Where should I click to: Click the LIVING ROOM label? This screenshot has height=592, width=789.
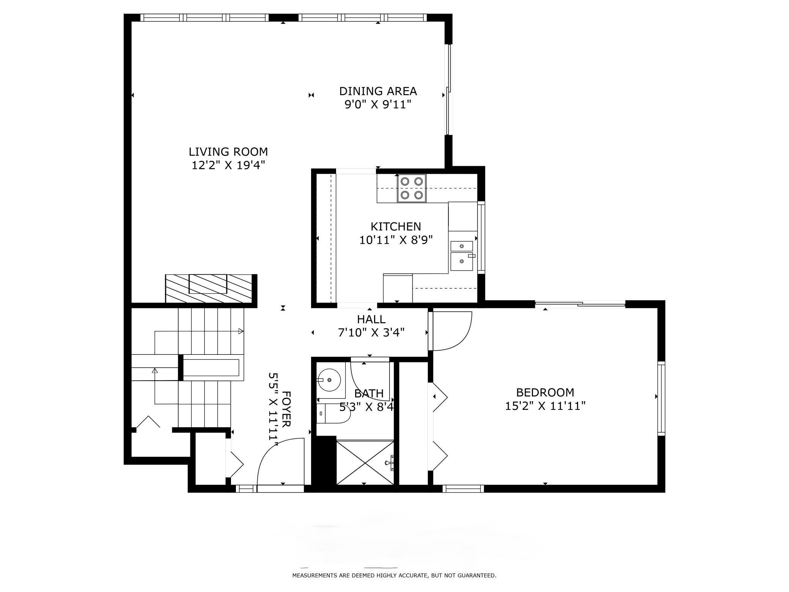tap(228, 152)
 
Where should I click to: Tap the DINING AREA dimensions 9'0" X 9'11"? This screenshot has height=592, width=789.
tap(378, 104)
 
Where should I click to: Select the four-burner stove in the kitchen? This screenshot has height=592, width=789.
tap(412, 188)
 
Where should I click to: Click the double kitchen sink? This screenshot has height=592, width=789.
tap(462, 255)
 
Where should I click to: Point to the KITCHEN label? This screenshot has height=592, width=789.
tap(396, 227)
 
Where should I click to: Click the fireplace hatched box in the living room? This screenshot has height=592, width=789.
tap(208, 288)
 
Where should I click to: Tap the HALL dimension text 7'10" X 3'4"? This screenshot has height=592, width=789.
tap(371, 333)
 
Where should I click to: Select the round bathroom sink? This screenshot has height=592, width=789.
tap(329, 379)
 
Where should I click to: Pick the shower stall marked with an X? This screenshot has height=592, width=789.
tap(365, 462)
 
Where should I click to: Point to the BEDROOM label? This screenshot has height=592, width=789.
tap(545, 392)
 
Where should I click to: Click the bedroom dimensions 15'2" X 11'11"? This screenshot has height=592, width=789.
tap(545, 406)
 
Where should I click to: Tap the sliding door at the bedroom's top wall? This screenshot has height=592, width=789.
tap(580, 304)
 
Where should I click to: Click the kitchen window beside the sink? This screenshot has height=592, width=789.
tap(481, 238)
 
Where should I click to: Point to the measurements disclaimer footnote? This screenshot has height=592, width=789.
tap(394, 576)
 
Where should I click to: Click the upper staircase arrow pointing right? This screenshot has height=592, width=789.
tap(240, 331)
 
